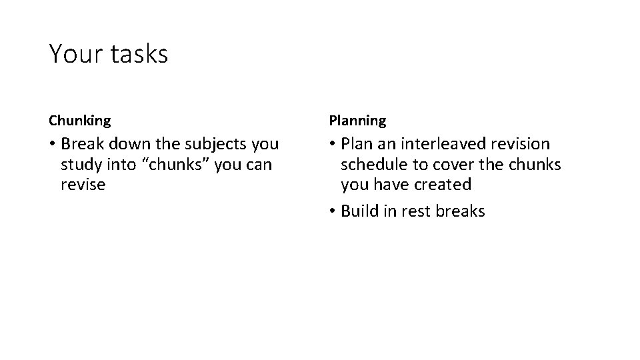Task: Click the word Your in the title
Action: [74, 54]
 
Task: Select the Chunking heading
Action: [80, 121]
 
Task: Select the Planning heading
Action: [357, 121]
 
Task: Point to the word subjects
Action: [216, 144]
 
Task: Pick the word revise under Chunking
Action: [83, 184]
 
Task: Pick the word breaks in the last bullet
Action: [460, 211]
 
